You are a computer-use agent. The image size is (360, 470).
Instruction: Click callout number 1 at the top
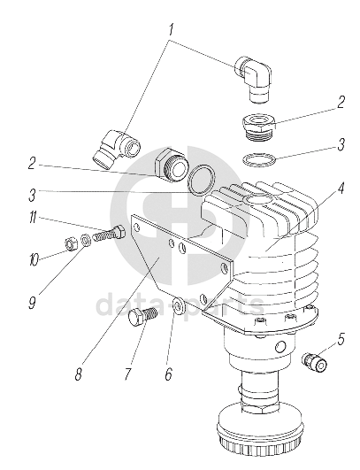(x=171, y=30)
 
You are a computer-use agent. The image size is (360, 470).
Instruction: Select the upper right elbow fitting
(x=252, y=79)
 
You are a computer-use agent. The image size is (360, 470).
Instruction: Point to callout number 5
(x=341, y=339)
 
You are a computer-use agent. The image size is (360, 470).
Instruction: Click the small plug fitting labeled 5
(x=314, y=361)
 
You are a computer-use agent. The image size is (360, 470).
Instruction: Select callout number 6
(x=169, y=374)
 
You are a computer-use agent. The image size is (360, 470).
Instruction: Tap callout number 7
(x=128, y=374)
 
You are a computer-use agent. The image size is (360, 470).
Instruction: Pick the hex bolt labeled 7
(x=142, y=318)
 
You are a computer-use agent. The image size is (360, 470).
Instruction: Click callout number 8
(x=79, y=374)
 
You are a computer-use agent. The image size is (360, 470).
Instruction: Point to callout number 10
(x=34, y=259)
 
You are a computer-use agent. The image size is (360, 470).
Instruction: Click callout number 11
(x=33, y=218)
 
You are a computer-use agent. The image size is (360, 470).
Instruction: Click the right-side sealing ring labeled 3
(x=259, y=158)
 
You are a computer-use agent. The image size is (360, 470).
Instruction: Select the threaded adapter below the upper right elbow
(x=258, y=127)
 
